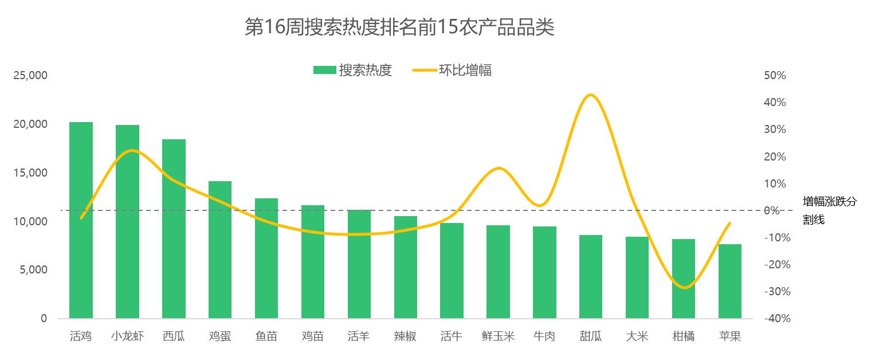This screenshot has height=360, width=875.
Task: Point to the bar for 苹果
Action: pos(730,281)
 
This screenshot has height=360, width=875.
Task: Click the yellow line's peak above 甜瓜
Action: pos(591,95)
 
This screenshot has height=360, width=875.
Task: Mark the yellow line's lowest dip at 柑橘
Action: pos(684,287)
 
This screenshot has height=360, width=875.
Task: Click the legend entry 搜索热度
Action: pos(352,71)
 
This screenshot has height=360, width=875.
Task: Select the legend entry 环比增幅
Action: pos(452,71)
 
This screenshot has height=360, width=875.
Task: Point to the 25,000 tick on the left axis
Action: pos(30,76)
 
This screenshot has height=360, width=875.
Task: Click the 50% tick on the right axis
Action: pos(774,76)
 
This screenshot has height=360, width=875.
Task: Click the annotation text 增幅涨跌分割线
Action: pos(829,210)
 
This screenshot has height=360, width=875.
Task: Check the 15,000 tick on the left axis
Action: pos(30,173)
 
